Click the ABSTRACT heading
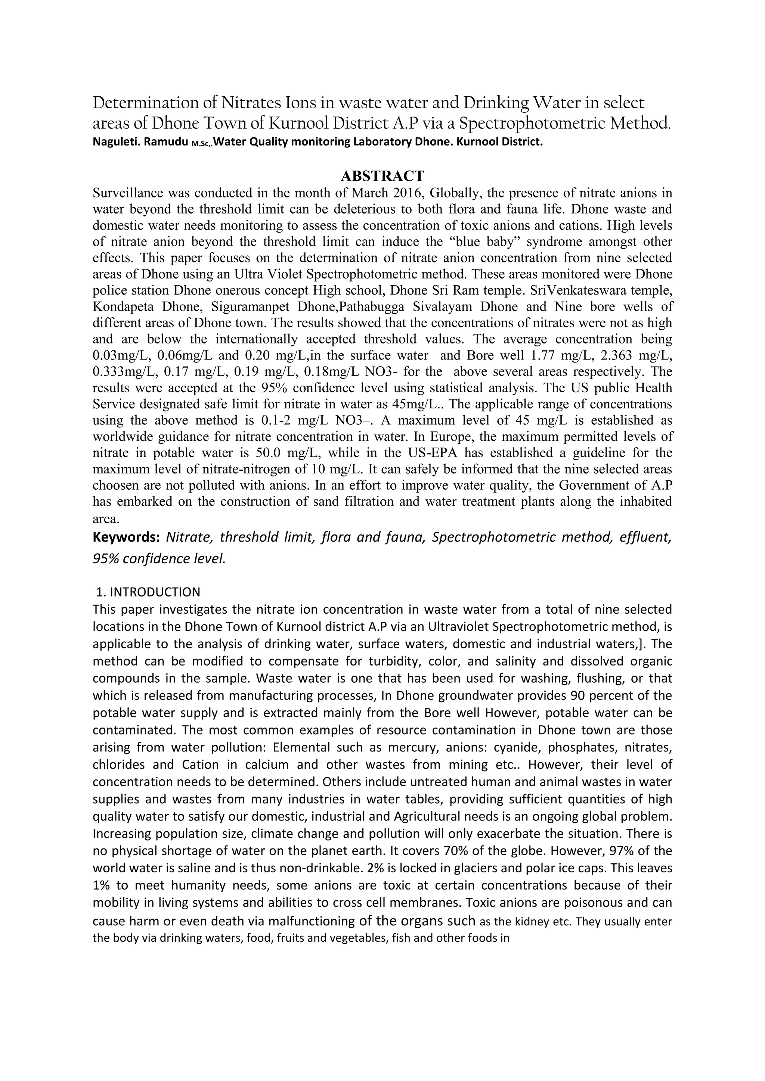tap(382, 175)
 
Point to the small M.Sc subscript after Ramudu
tap(201, 144)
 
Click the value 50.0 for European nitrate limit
tap(270, 453)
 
